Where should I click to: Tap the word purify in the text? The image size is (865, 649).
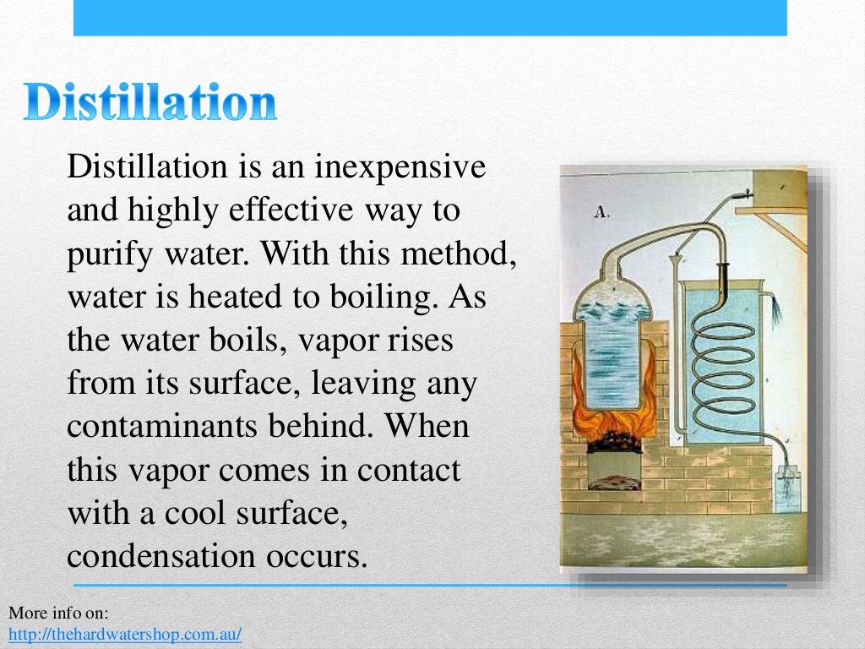[104, 254]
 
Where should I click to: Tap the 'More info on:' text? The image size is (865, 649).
[59, 612]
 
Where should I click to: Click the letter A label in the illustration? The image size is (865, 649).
[602, 213]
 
